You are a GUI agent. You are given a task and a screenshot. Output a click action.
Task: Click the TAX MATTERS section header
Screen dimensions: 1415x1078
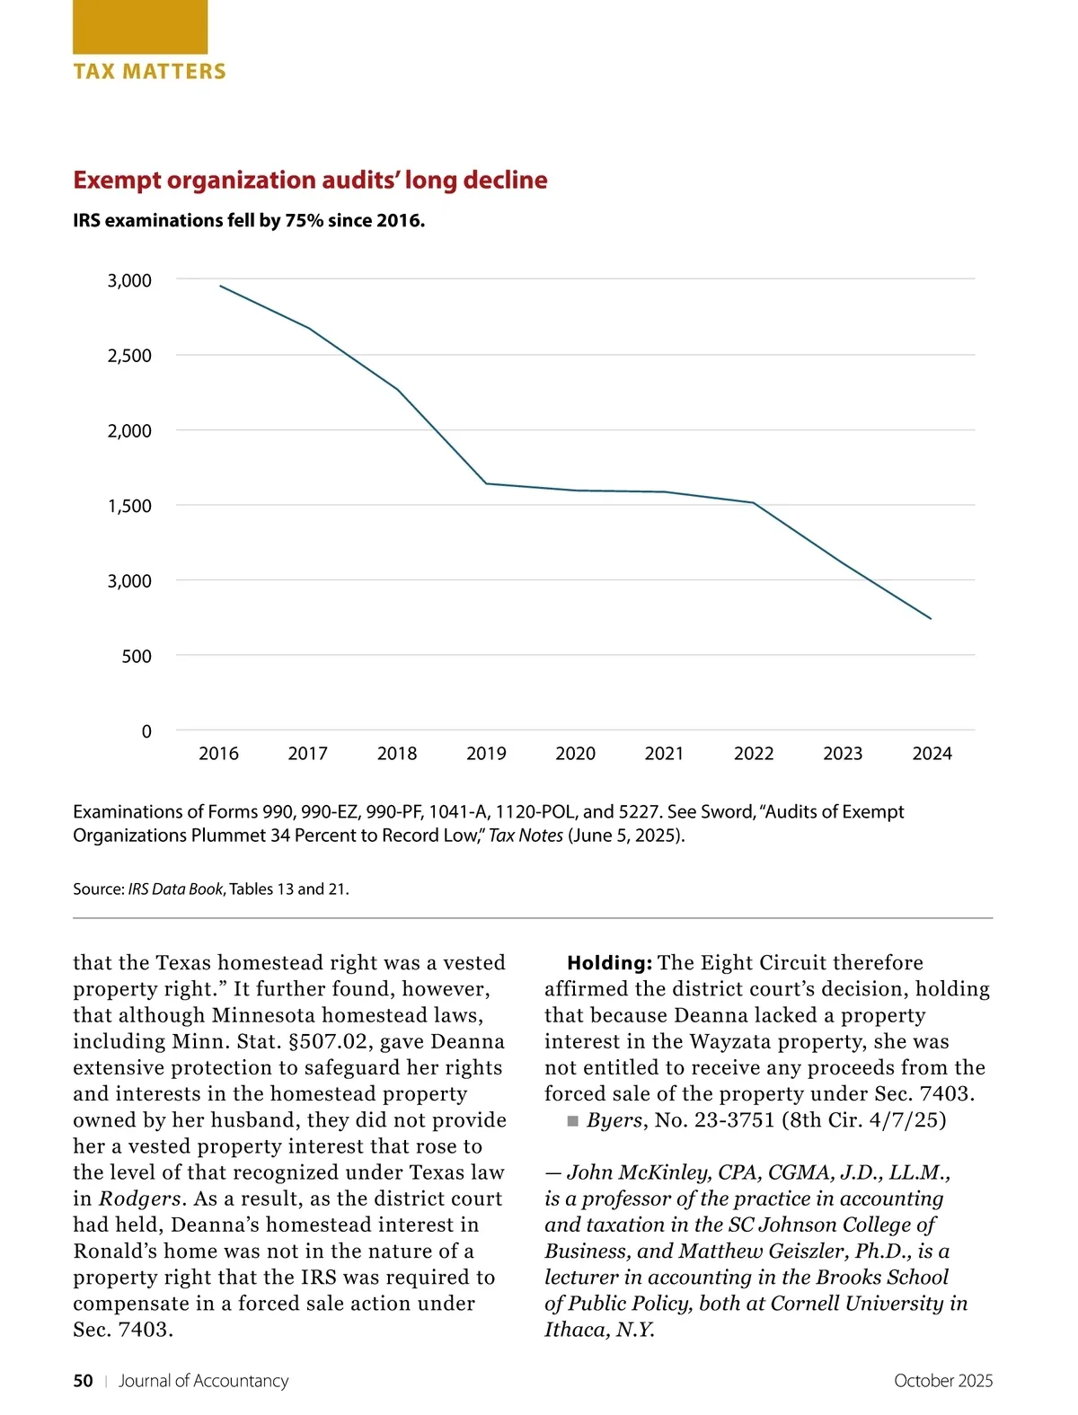pyautogui.click(x=149, y=72)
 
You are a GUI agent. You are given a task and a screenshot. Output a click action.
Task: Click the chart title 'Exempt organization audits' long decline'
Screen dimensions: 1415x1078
pyautogui.click(x=310, y=180)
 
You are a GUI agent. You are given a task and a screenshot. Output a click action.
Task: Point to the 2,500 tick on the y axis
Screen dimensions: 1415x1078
pyautogui.click(x=129, y=356)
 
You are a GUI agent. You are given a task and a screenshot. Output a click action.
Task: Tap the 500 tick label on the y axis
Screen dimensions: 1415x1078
pyautogui.click(x=137, y=657)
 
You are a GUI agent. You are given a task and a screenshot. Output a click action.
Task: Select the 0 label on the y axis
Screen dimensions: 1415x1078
pyautogui.click(x=146, y=732)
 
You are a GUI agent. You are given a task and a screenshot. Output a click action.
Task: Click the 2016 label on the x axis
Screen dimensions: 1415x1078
pyautogui.click(x=218, y=754)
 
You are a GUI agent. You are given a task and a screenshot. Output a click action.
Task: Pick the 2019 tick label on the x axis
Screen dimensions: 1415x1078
pyautogui.click(x=486, y=754)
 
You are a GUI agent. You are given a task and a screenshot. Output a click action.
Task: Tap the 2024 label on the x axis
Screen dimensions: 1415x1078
pyautogui.click(x=932, y=754)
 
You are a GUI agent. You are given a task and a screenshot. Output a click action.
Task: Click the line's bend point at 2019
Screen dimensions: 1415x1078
pyautogui.click(x=486, y=483)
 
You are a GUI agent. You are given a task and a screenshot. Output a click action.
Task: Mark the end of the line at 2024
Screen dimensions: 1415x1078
pyautogui.click(x=931, y=618)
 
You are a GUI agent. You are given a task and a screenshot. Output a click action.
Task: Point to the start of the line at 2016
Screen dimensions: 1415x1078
pyautogui.click(x=220, y=286)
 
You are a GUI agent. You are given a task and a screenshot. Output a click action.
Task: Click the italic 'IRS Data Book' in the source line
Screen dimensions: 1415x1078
pyautogui.click(x=175, y=889)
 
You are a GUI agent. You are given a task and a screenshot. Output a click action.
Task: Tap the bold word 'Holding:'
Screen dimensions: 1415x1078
pyautogui.click(x=609, y=963)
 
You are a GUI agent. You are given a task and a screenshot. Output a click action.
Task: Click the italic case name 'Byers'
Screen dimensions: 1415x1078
pyautogui.click(x=614, y=1120)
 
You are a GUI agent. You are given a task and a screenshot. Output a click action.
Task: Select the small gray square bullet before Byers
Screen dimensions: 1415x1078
pyautogui.click(x=573, y=1121)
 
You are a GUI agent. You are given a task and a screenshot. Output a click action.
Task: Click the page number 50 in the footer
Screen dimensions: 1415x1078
pyautogui.click(x=83, y=1381)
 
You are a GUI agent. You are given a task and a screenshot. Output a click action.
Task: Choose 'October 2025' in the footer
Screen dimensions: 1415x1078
pyautogui.click(x=943, y=1381)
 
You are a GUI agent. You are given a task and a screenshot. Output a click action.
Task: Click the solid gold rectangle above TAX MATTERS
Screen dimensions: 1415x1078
pyautogui.click(x=140, y=27)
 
